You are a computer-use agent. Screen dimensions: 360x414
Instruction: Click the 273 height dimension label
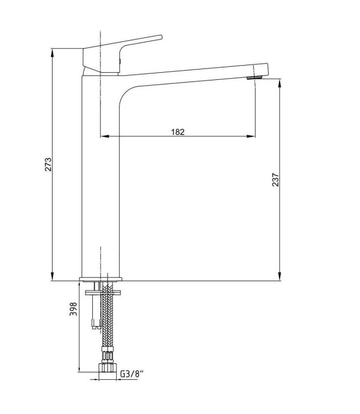click(48, 164)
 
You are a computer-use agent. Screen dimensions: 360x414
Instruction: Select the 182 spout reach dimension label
click(178, 131)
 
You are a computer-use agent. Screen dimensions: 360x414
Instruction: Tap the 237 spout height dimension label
click(275, 180)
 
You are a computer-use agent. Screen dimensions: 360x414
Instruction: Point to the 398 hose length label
click(73, 309)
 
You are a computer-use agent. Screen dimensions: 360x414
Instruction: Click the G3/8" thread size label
click(132, 374)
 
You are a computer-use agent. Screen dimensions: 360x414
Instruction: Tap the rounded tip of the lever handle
click(160, 37)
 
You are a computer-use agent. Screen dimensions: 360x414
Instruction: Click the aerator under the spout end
click(254, 78)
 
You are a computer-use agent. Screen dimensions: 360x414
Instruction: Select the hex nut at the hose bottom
click(108, 367)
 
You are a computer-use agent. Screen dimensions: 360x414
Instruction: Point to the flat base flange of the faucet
click(100, 279)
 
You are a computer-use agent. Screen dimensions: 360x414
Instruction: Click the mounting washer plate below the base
click(103, 292)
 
